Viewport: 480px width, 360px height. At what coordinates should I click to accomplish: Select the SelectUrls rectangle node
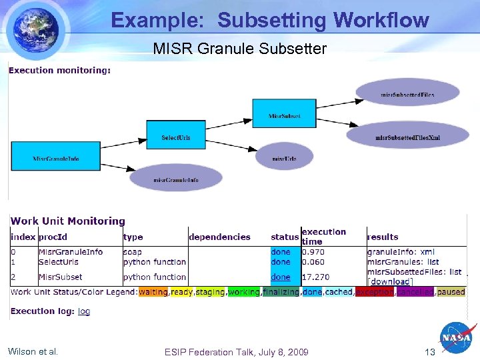(x=175, y=137)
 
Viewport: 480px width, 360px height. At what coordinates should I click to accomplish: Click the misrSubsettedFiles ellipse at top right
(x=407, y=95)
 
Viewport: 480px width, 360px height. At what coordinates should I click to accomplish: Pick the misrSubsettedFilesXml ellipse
(x=407, y=137)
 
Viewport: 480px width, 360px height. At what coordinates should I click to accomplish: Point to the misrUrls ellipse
(x=284, y=158)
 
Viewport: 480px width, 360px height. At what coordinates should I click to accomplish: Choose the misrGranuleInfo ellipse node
(x=175, y=179)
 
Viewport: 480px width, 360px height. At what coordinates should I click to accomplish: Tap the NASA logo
(x=457, y=339)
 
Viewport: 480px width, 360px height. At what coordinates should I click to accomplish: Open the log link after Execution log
(x=84, y=311)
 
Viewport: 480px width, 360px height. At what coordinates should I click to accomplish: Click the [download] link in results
(x=390, y=281)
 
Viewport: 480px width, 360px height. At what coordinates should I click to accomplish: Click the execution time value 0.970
(x=314, y=252)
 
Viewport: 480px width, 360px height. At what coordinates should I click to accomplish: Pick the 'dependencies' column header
(x=219, y=237)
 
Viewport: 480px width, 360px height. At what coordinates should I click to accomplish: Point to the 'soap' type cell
(x=132, y=252)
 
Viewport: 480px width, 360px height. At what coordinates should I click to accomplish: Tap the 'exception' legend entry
(x=373, y=292)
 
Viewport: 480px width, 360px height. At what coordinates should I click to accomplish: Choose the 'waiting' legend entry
(x=153, y=292)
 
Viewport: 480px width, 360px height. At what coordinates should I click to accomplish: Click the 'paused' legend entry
(x=451, y=292)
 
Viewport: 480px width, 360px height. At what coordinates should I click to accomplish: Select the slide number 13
(x=429, y=352)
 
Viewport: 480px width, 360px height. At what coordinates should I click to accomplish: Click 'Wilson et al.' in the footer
(x=33, y=351)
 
